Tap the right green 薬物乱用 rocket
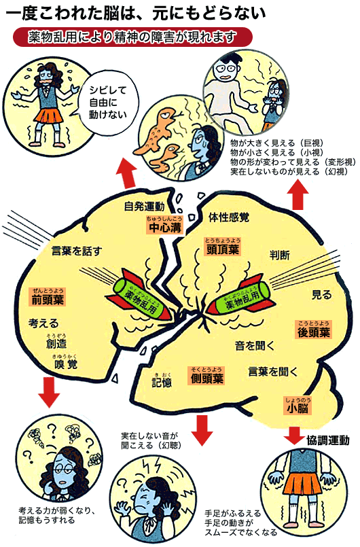coord(240,297)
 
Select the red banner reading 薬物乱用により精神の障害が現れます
coord(132,37)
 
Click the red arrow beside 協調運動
coord(294,435)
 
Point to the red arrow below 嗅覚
coord(49,392)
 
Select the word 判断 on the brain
coord(280,255)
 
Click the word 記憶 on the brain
coord(162,382)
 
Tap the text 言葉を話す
coord(77,251)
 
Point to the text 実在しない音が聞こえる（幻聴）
coord(150,440)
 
